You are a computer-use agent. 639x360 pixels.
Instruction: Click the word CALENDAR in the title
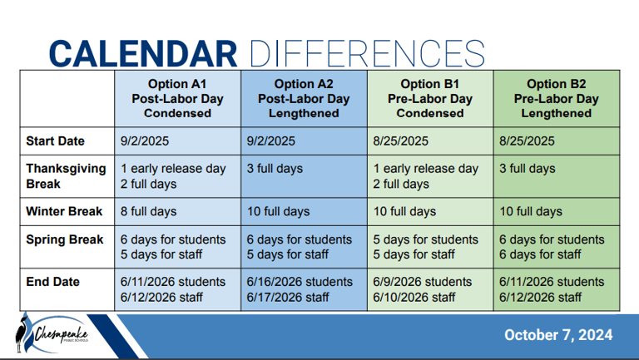(143, 54)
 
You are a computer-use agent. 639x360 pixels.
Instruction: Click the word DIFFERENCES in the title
(367, 54)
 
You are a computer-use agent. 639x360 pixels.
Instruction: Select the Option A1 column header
(177, 99)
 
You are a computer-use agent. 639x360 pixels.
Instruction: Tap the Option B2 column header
(557, 99)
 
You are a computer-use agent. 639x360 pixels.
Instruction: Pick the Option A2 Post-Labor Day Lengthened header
(304, 99)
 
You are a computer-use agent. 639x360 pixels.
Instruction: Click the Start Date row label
(56, 141)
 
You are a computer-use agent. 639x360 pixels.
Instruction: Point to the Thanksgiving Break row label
(66, 176)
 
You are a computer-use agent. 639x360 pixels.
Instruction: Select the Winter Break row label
(64, 211)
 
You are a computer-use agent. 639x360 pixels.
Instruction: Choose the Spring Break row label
(64, 239)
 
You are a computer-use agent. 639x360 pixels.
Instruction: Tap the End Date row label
(52, 282)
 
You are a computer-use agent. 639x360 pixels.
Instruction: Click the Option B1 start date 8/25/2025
(400, 141)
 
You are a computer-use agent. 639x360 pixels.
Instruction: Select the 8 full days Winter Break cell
(148, 211)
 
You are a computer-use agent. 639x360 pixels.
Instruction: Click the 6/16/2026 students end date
(300, 282)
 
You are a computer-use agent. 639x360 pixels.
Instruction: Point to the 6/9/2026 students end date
(422, 282)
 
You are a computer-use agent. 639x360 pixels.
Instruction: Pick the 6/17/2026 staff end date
(288, 298)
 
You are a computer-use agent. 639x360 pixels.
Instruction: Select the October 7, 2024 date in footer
(558, 335)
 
